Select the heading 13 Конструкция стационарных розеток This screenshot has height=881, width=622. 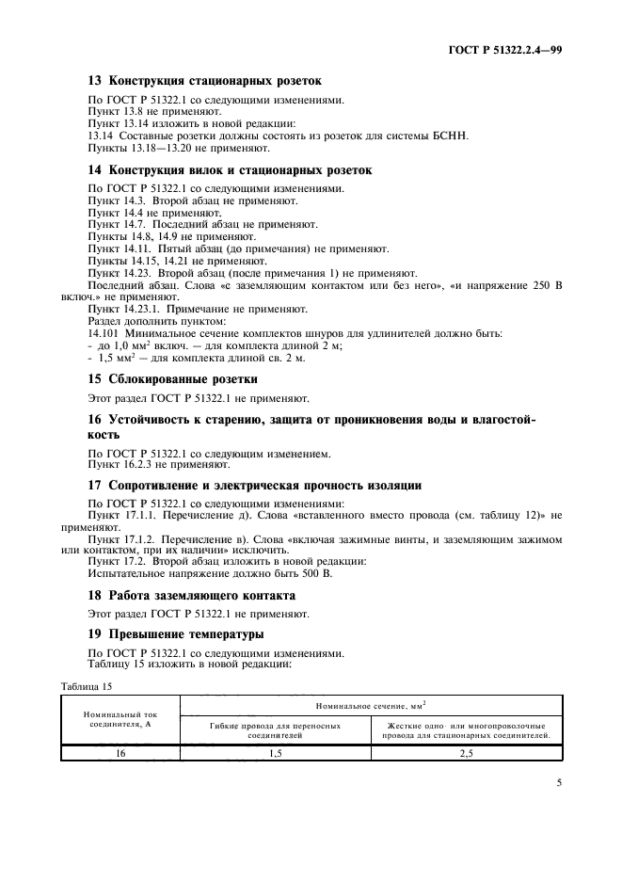(204, 81)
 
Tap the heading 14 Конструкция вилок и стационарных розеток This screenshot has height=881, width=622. (230, 170)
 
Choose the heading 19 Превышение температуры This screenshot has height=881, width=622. (176, 634)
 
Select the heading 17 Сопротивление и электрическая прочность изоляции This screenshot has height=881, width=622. (254, 485)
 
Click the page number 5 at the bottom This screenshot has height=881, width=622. (559, 780)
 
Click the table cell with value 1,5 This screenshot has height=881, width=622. (275, 753)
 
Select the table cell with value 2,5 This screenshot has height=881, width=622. (466, 753)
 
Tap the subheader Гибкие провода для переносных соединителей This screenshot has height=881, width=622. (275, 730)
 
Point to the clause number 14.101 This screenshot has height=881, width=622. (104, 333)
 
